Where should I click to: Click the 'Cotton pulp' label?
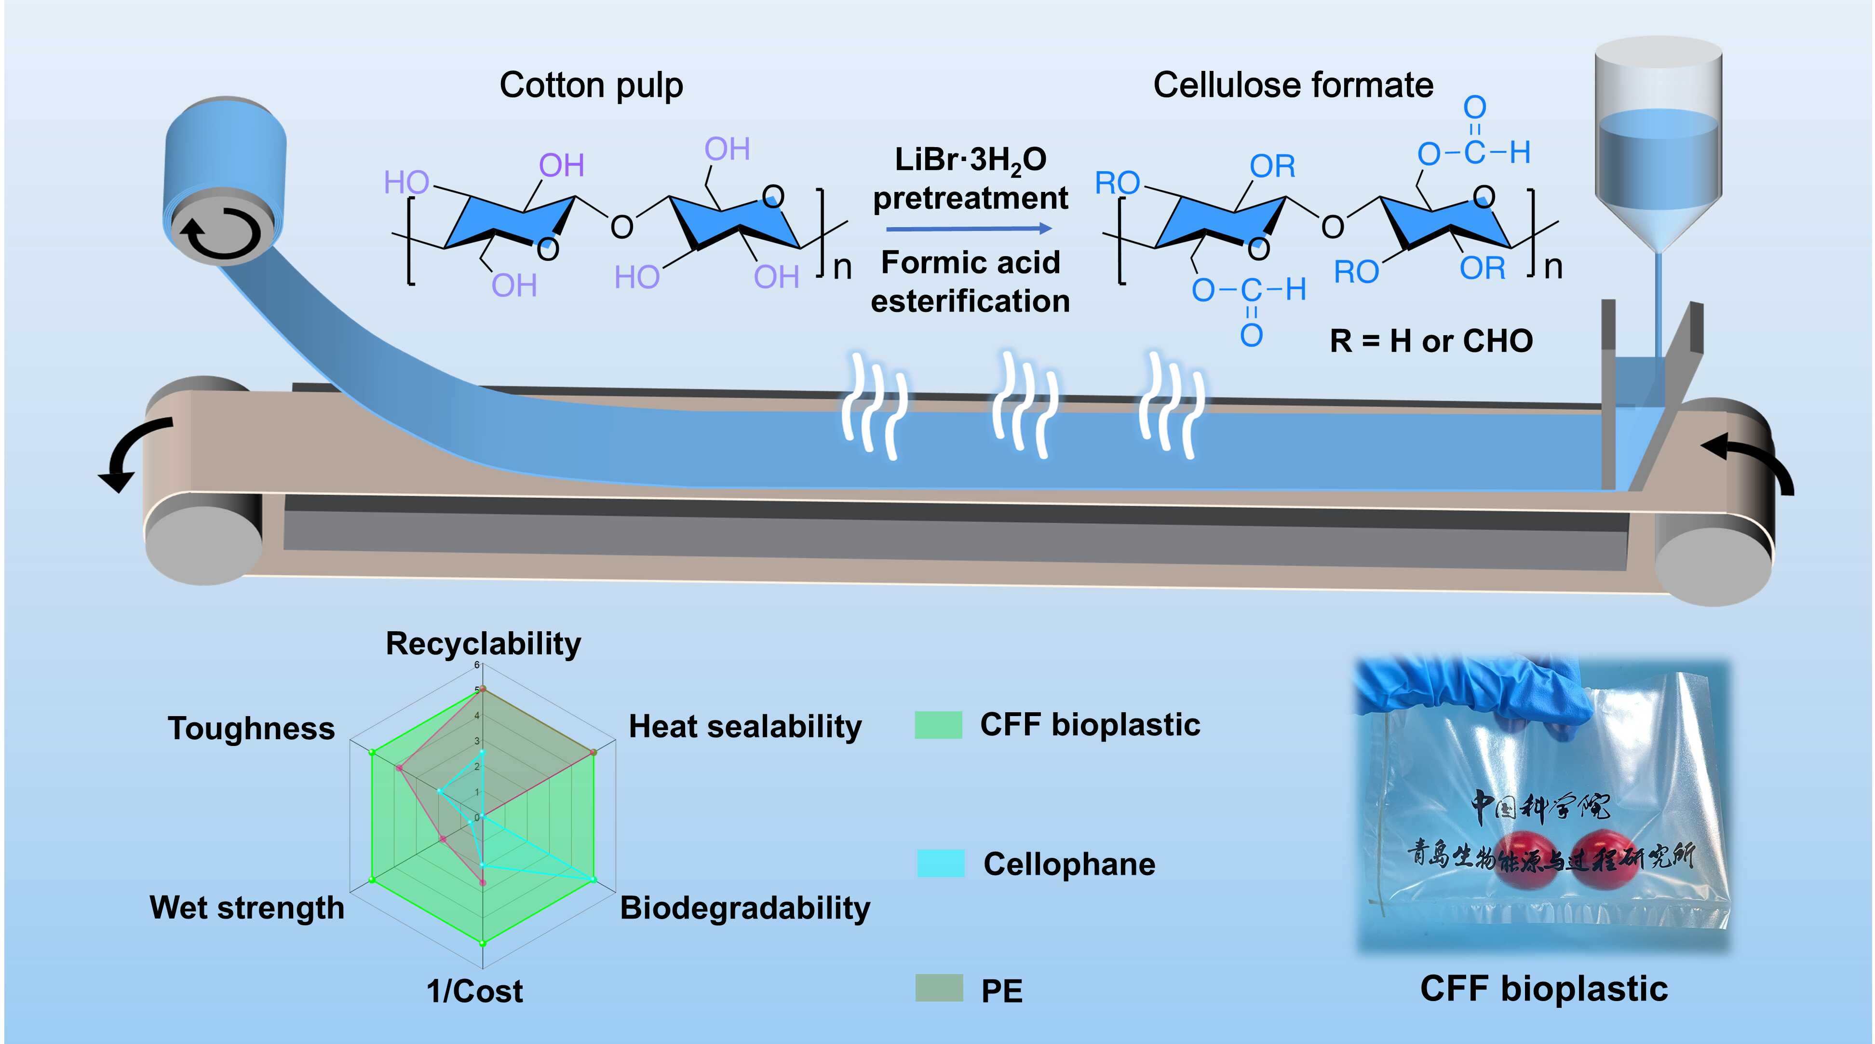pos(591,86)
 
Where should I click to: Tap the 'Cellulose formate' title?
pos(1293,86)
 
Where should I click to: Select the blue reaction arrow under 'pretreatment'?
pos(969,229)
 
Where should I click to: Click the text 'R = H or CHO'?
pos(1431,341)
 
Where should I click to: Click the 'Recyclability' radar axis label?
pos(483,644)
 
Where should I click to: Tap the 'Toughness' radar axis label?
pos(251,728)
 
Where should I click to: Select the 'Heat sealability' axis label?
pos(744,727)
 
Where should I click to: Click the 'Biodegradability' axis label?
pos(744,908)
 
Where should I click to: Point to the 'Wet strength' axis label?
pos(247,908)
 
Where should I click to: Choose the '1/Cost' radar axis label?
pos(474,991)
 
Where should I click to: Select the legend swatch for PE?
pos(939,988)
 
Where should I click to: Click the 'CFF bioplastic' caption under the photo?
pos(1544,989)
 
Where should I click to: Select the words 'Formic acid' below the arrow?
pos(970,263)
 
